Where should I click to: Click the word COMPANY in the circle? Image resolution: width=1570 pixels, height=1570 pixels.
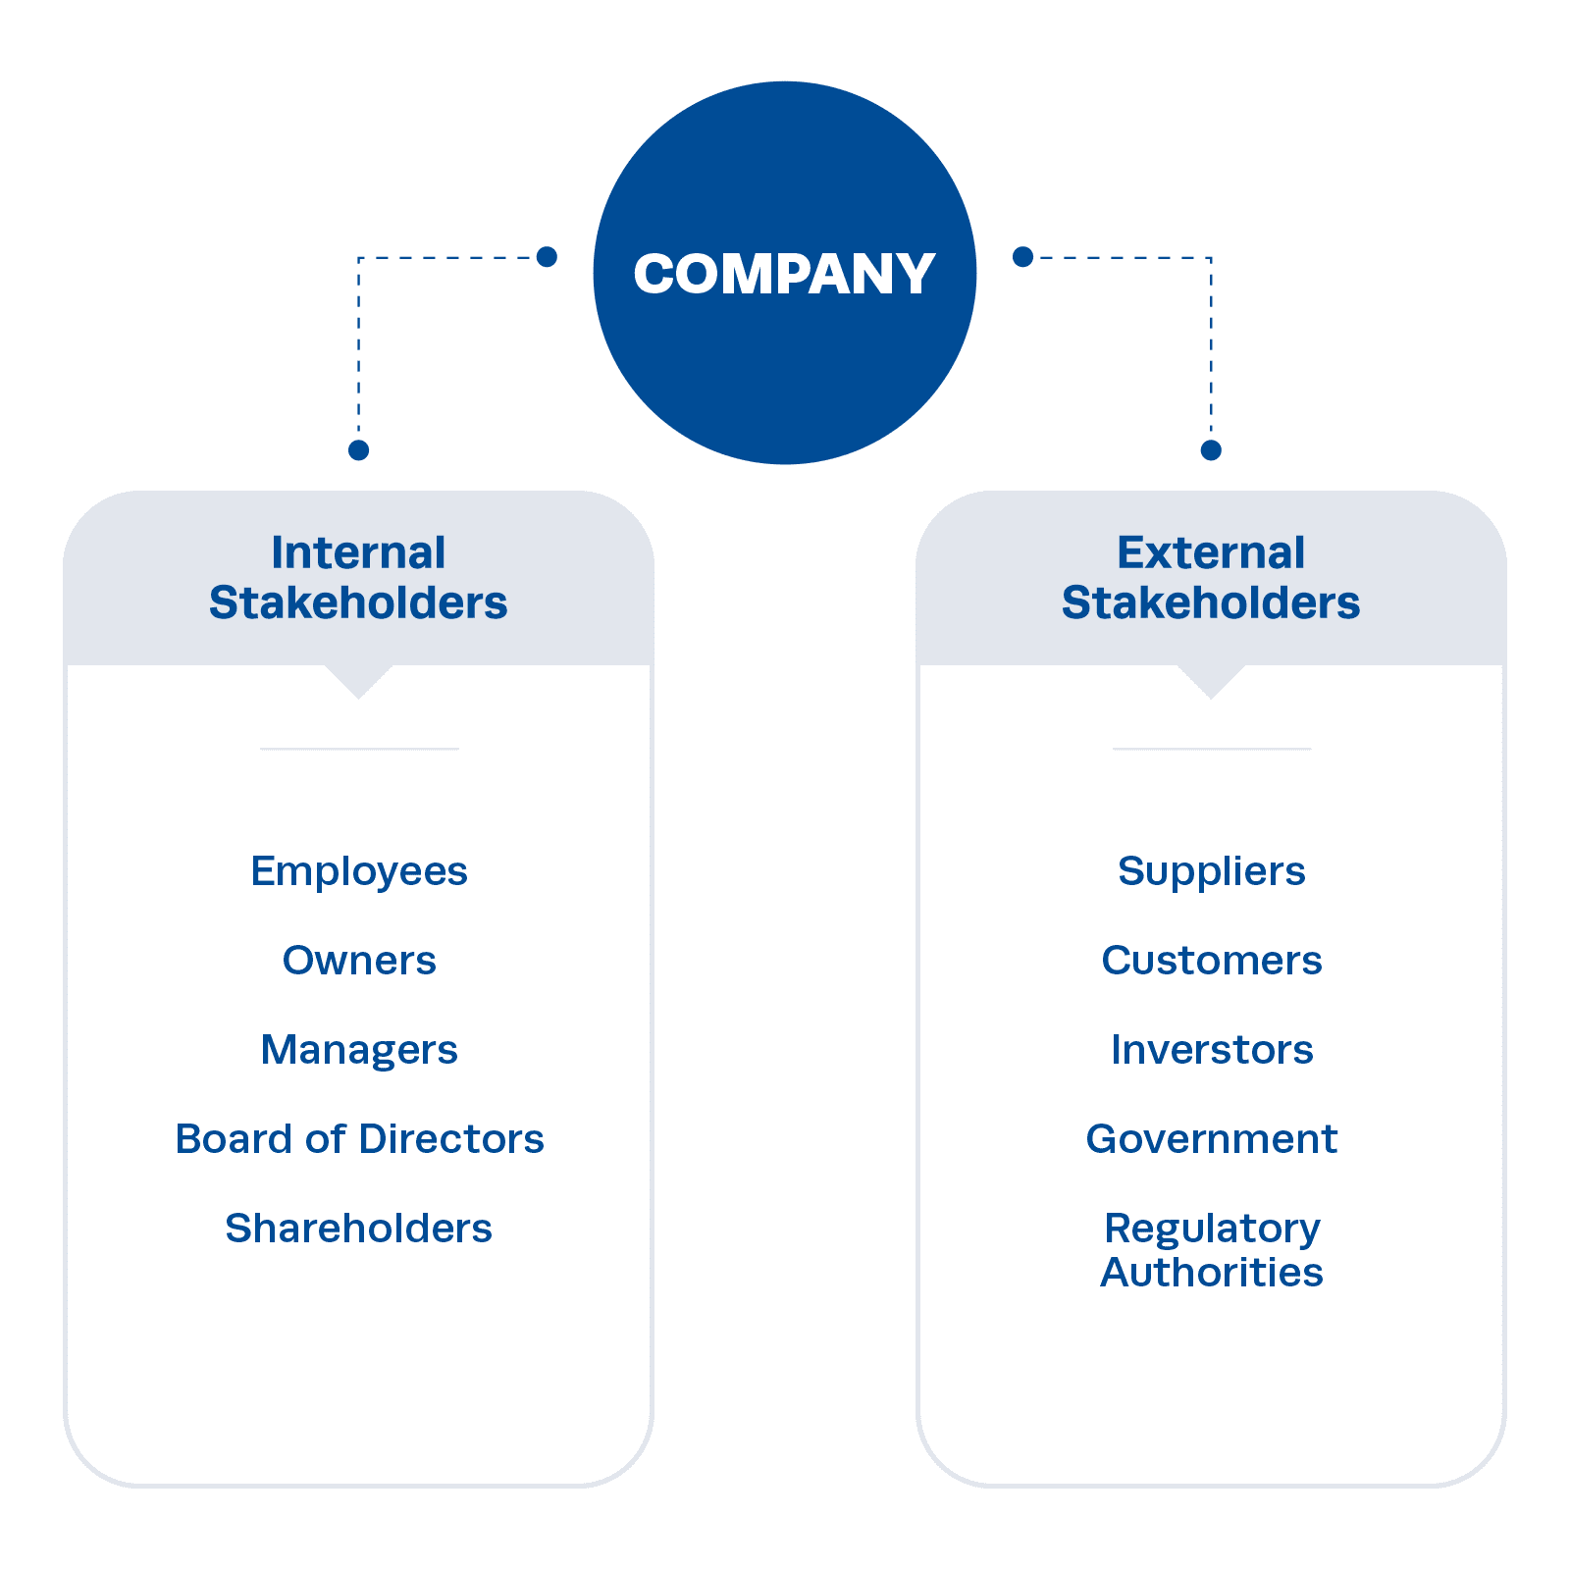783,274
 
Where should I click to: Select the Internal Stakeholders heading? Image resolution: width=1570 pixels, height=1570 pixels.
358,578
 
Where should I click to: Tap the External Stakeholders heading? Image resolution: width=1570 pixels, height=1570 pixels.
1211,578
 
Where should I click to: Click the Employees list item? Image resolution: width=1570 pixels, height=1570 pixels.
359,871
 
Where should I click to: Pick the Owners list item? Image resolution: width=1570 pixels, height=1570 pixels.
359,961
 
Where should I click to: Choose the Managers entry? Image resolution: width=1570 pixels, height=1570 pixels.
359,1050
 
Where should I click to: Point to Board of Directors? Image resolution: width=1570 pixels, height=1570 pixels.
359,1139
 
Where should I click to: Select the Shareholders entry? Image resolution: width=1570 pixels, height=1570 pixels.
359,1229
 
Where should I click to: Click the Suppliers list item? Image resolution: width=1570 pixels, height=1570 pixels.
1212,871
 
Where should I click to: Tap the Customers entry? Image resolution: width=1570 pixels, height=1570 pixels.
1212,961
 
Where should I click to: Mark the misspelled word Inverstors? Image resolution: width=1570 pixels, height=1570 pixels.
1212,1050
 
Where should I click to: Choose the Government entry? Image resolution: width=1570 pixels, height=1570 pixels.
1212,1139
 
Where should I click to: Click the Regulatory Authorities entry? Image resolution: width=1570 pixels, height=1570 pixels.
1212,1250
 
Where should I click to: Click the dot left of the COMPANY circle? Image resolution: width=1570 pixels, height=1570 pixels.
548,257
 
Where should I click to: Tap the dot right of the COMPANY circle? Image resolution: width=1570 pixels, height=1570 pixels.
1022,257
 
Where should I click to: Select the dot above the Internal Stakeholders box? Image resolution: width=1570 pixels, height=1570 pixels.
359,450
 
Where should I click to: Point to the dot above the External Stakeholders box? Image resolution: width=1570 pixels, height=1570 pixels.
1211,450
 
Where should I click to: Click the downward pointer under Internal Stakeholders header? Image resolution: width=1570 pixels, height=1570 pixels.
359,681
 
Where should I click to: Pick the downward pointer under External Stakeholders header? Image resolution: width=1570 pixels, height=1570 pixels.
1211,681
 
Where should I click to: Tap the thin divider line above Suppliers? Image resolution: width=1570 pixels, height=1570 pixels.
1211,749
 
